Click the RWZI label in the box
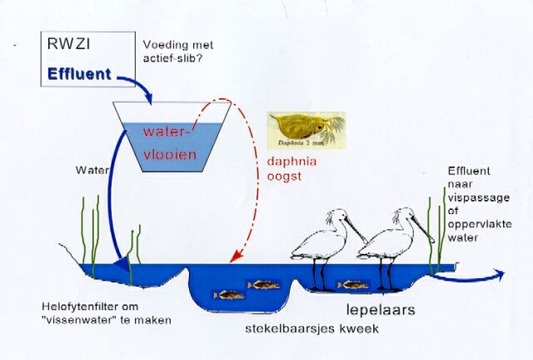coord(68,43)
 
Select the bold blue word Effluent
coord(80,74)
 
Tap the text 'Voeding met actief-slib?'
coord(177,51)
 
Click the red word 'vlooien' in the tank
coord(170,154)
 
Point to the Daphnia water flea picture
coord(306,130)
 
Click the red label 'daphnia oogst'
coord(291,168)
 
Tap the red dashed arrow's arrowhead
coord(236,257)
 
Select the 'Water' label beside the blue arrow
coord(92,170)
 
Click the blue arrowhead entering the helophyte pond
coord(122,263)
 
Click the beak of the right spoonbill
coord(422,229)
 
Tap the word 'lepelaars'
coord(381,310)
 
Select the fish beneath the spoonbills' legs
coord(353,285)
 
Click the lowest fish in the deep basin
coord(229,295)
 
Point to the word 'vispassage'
coord(479,197)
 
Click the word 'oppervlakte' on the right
coord(480,224)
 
